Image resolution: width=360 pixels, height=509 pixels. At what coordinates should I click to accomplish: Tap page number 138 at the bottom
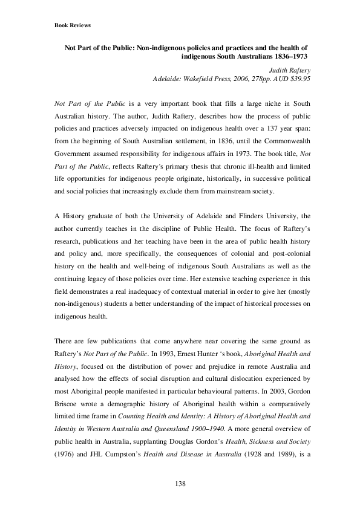(180, 483)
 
